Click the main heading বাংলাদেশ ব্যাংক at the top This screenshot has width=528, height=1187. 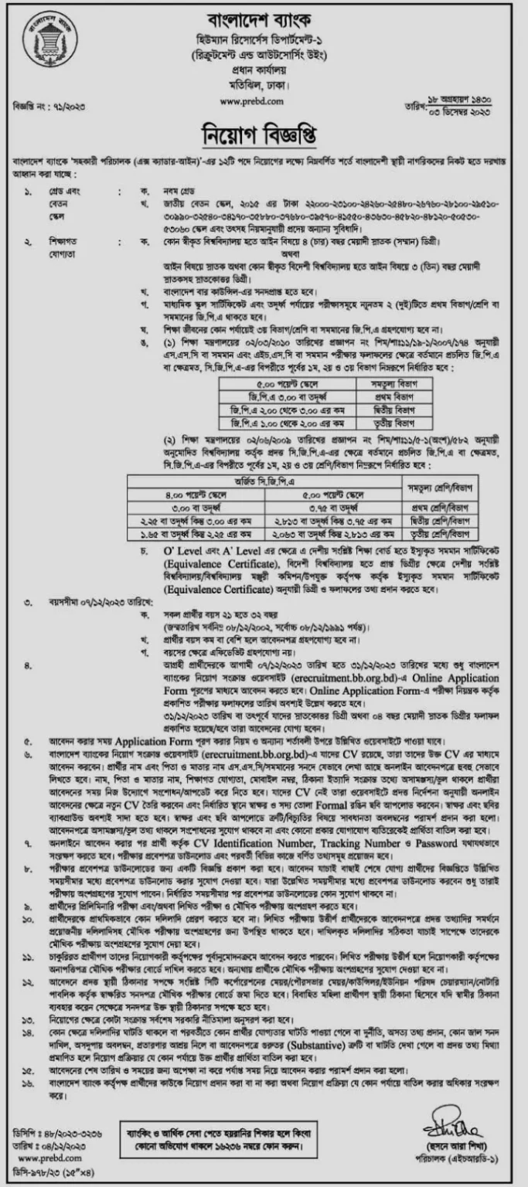(x=263, y=19)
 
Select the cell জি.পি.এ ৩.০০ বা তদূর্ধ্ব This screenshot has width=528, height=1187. (x=289, y=392)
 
